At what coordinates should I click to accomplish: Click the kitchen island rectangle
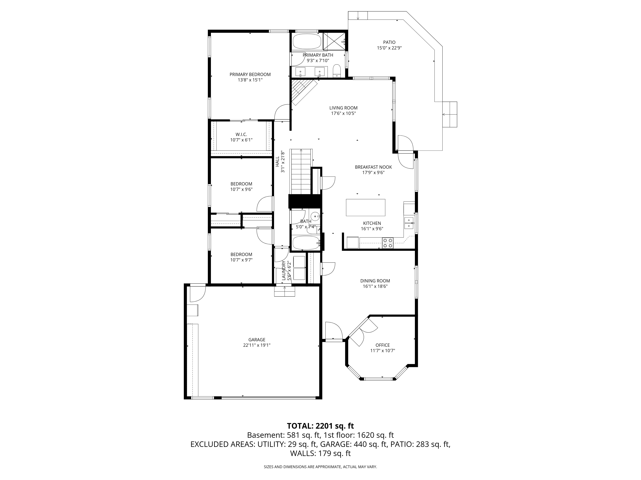pos(365,208)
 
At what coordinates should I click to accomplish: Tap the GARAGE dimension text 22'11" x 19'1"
pos(257,345)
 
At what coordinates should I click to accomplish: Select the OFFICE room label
pos(383,345)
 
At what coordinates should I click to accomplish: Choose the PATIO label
pos(389,42)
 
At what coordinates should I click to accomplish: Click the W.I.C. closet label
pos(241,135)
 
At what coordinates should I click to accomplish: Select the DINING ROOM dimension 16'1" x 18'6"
pos(375,286)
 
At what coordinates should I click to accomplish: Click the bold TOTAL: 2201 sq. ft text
pos(320,426)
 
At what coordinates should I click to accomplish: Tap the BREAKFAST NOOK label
pos(373,167)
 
